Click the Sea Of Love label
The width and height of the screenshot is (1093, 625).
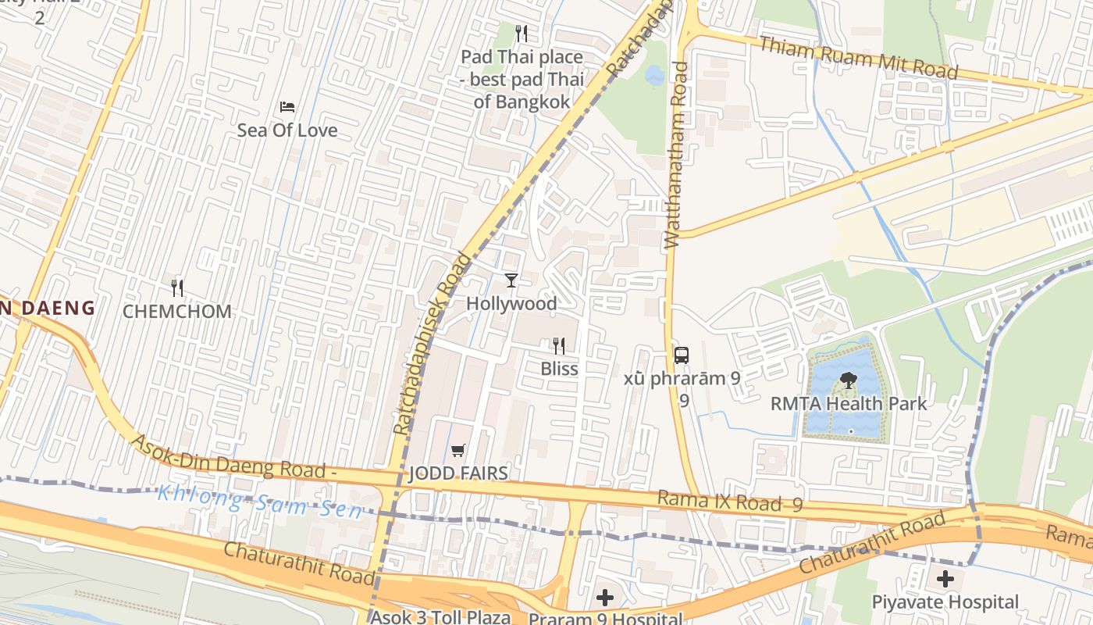(x=287, y=130)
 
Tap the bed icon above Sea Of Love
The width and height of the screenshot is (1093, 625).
(x=287, y=106)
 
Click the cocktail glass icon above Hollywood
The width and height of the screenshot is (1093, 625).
(x=511, y=280)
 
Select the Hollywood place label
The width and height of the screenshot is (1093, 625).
(x=511, y=303)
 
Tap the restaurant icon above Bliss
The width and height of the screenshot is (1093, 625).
(x=559, y=345)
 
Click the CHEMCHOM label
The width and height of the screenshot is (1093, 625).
(x=177, y=312)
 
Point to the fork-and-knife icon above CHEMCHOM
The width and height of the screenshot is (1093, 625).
(x=177, y=288)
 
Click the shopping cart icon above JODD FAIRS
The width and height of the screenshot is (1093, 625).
(x=458, y=450)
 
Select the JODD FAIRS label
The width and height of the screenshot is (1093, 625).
(x=458, y=473)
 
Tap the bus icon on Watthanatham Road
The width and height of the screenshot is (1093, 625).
(x=682, y=355)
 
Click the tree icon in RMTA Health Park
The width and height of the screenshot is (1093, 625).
(x=848, y=380)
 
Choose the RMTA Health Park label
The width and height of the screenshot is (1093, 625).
(x=849, y=404)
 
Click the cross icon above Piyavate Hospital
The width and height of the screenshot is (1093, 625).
(x=945, y=579)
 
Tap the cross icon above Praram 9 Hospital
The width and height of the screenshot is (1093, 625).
(x=605, y=598)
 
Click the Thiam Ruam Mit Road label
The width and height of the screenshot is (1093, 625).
(x=858, y=56)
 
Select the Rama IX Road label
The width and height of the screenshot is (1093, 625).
(x=729, y=502)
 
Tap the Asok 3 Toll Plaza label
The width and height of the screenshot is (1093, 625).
(x=440, y=616)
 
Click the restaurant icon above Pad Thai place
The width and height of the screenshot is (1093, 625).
(x=522, y=34)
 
